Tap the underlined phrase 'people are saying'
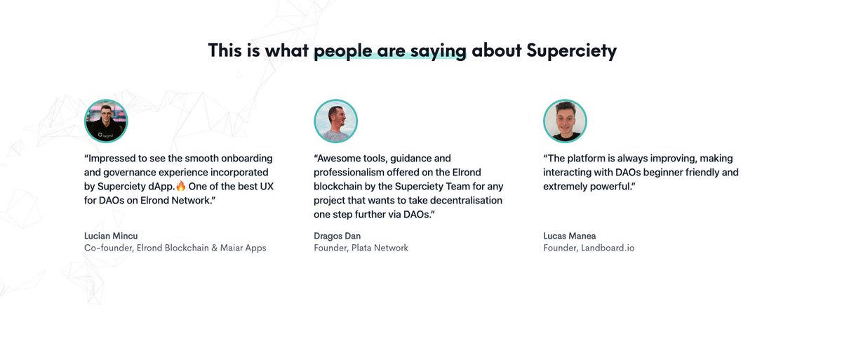coord(389,51)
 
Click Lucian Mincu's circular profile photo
coord(106,121)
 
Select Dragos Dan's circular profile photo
coord(335,121)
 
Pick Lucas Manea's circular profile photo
coord(565,121)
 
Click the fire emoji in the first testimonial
coord(180,187)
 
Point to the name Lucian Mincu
coord(111,236)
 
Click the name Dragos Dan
coord(337,236)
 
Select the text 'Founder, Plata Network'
coord(361,248)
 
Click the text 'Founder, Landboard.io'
coord(589,248)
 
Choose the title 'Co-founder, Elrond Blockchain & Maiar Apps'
coord(175,248)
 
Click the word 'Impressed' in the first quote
coord(114,159)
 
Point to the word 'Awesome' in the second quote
coord(340,159)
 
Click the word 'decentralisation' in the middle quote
coord(465,201)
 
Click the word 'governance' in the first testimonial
coord(133,173)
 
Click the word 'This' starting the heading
coord(225,51)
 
